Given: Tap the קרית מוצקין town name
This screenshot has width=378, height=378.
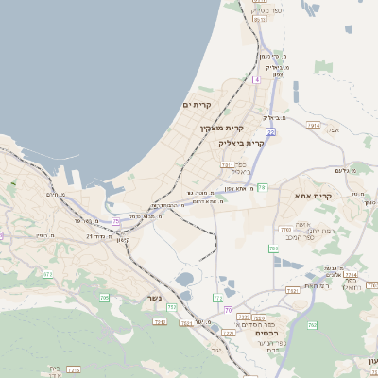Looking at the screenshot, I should coord(221,126).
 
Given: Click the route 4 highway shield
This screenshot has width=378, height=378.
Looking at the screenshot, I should coord(256,79).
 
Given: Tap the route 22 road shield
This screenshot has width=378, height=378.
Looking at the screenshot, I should coord(270,132).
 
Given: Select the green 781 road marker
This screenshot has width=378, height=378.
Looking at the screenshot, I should coord(262,188).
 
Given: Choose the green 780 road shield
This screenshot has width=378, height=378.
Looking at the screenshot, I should coord(273,249).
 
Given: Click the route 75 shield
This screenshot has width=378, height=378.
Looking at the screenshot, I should coord(115,221).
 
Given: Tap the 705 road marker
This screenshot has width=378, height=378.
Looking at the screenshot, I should coord(104,298).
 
